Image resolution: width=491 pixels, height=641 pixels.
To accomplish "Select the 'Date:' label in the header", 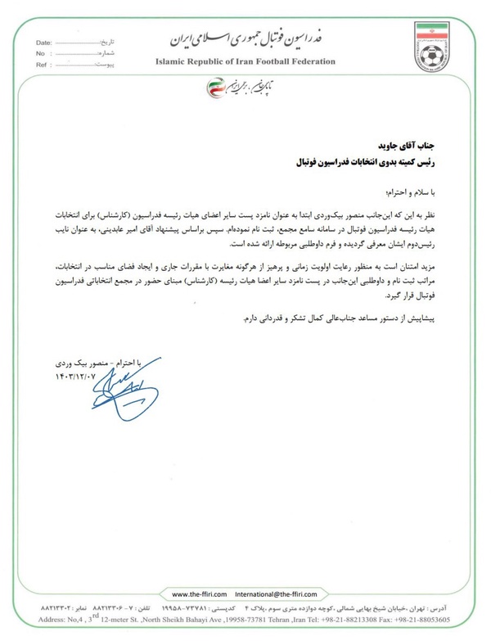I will [x=46, y=39].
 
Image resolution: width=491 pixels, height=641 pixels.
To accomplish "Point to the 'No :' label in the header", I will [x=43, y=51].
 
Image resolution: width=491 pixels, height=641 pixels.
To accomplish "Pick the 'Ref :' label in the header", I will [x=44, y=62].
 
